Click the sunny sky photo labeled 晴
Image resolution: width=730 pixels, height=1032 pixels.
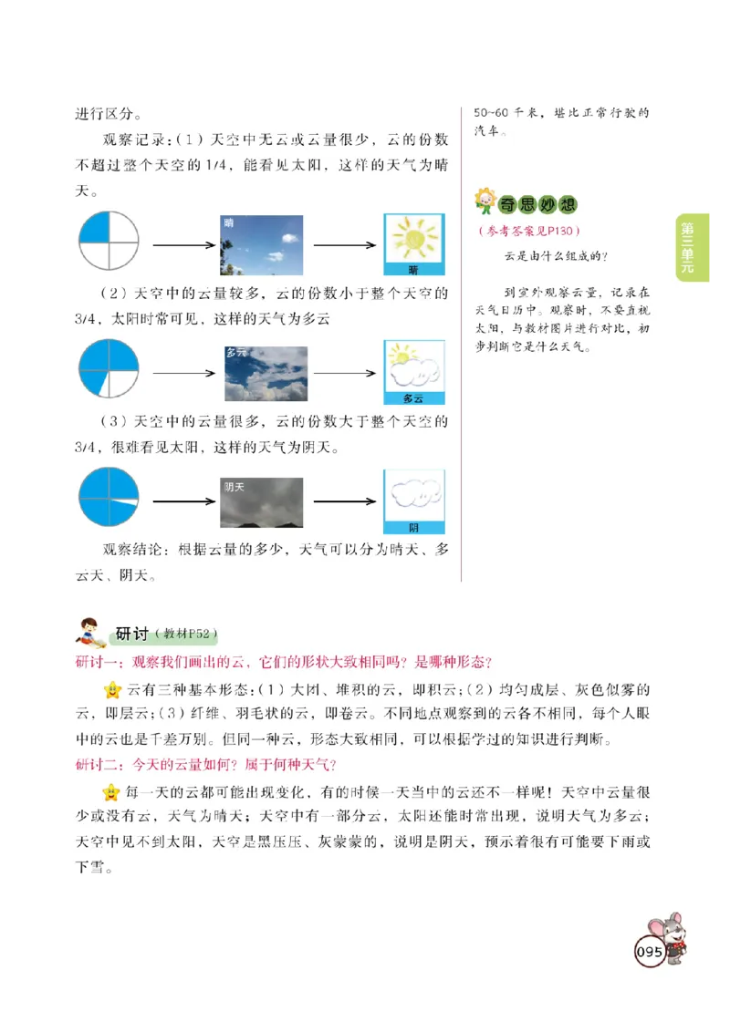(x=262, y=245)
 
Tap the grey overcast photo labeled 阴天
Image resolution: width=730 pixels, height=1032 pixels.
(x=262, y=502)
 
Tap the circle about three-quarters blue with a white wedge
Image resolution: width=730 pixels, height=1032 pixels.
(x=108, y=370)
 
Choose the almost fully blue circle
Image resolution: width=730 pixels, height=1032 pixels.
(x=108, y=499)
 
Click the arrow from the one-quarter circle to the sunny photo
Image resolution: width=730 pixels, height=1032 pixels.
(x=183, y=246)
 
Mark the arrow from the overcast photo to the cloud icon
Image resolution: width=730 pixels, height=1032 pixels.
(x=344, y=501)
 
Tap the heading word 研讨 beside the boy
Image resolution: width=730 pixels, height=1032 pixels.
(x=131, y=635)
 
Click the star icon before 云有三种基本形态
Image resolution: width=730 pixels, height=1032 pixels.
(x=112, y=688)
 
